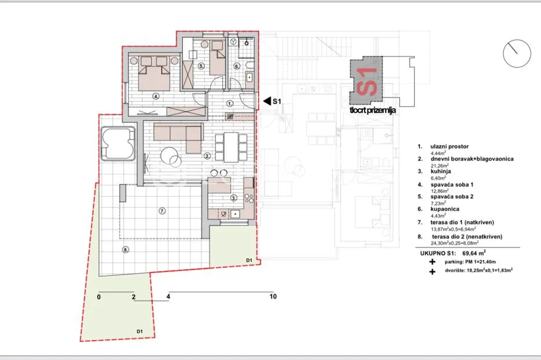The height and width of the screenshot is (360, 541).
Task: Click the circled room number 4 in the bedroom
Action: pos(156,97)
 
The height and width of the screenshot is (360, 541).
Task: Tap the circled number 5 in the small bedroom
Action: pos(201,65)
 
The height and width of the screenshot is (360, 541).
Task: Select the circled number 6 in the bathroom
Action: pos(237,66)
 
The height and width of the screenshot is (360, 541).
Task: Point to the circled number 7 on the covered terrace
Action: pos(162,211)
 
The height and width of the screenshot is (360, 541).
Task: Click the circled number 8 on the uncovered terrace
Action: pos(126,249)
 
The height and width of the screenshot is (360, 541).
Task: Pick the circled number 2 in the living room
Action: pos(207,156)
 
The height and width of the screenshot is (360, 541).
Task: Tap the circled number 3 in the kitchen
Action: pos(234,198)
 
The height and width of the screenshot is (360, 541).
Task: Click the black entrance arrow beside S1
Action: pos(267,101)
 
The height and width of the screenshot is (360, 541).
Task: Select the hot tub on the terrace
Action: pos(117,143)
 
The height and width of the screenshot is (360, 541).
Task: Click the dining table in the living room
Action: pos(231,147)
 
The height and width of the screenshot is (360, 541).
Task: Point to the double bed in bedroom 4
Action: pos(154,74)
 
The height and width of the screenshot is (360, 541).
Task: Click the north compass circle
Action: pos(517,53)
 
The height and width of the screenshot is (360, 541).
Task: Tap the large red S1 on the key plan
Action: pos(367,82)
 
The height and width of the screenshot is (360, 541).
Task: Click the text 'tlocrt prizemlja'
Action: pos(373,111)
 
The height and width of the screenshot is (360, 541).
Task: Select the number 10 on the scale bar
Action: pos(273,296)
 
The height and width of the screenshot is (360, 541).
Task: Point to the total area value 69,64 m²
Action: pos(474,253)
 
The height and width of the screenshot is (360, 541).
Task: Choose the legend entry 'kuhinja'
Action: pos(440,171)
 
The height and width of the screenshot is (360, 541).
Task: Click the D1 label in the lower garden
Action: pos(139,332)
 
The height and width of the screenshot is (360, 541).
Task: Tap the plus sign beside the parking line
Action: pos(432,262)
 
